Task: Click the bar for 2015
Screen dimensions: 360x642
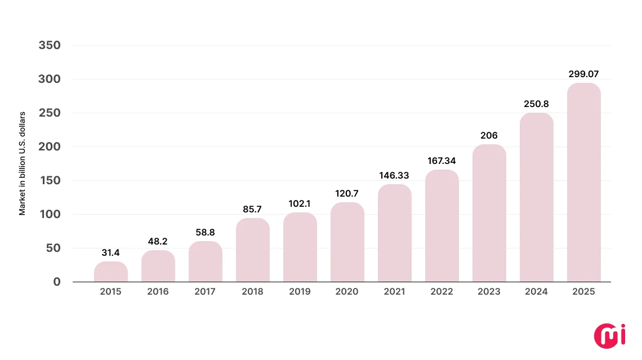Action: click(111, 272)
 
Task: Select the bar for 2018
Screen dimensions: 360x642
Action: click(253, 250)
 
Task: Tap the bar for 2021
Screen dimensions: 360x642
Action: click(395, 233)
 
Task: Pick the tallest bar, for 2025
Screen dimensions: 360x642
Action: click(583, 183)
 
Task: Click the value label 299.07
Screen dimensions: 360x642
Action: click(583, 74)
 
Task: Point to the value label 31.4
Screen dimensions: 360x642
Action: click(111, 252)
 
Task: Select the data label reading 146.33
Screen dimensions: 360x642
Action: click(395, 175)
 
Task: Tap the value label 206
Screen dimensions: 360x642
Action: click(489, 135)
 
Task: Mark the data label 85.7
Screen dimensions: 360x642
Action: click(253, 209)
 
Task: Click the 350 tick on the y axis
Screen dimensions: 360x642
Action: click(50, 45)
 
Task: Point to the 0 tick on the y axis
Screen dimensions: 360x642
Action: click(56, 282)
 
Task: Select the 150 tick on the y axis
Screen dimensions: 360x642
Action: click(50, 180)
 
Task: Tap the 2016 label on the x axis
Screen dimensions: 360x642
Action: click(158, 292)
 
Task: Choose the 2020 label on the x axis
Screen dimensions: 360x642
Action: click(347, 292)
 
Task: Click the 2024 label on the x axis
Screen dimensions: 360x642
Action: click(536, 292)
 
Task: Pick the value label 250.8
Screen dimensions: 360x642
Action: click(536, 104)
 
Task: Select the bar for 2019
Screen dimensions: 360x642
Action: click(300, 247)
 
